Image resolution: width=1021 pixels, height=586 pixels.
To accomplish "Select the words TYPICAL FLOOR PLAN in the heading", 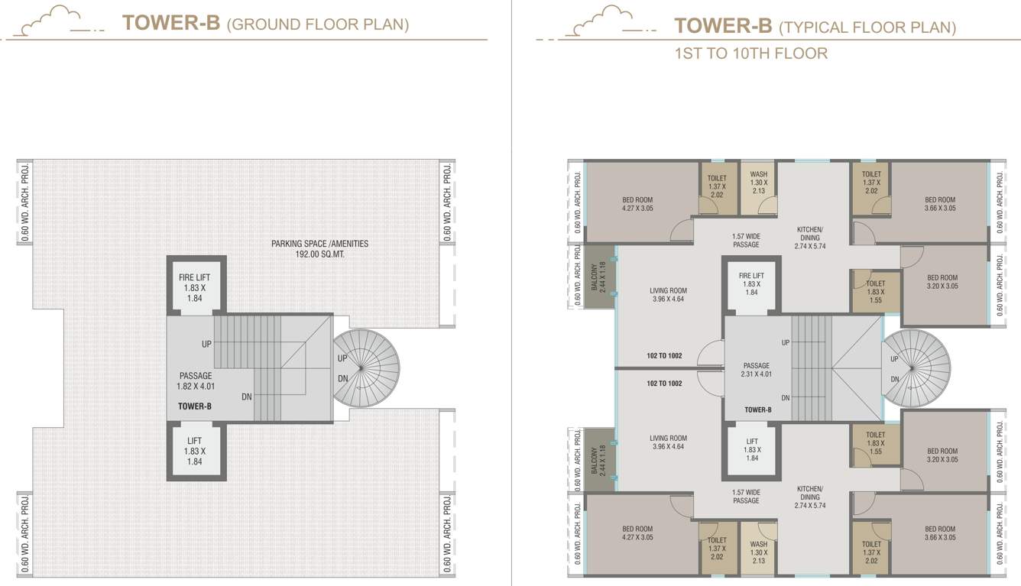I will click(867, 28).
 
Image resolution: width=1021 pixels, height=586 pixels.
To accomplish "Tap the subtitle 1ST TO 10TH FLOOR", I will click(750, 53).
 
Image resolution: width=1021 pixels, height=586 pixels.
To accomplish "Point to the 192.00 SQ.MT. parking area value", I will click(319, 254).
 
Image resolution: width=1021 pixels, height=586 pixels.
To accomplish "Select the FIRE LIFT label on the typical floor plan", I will click(751, 276).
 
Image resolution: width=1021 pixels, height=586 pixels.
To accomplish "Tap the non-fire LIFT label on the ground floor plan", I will click(195, 441).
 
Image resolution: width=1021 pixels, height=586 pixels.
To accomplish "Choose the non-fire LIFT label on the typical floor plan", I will click(752, 442).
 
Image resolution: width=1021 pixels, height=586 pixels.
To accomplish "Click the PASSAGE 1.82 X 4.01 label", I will click(196, 381).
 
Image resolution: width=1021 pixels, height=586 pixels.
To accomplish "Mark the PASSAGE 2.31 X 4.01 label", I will click(756, 371).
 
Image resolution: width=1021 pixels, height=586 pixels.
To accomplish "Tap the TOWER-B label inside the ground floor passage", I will click(195, 406).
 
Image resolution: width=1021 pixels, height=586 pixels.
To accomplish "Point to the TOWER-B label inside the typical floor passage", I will click(757, 410).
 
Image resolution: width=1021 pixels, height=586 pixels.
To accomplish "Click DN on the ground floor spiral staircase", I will click(342, 379).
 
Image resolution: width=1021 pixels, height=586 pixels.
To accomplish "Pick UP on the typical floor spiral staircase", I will click(894, 359).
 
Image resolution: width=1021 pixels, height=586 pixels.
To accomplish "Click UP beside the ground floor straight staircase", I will click(206, 345).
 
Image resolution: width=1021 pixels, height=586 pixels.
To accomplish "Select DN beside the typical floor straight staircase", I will click(786, 397).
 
